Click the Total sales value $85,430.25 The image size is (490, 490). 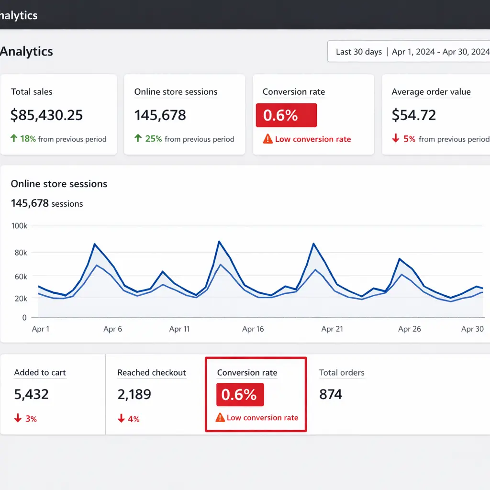[47, 115]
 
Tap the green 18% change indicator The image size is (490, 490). [23, 139]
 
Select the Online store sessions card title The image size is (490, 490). [176, 92]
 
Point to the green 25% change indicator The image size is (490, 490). [148, 139]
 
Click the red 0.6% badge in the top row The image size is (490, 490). [286, 115]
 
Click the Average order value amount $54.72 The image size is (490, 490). [414, 115]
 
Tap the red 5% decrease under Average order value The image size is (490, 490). [404, 139]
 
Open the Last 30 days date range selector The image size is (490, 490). [359, 52]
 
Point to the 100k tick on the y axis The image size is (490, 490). [19, 226]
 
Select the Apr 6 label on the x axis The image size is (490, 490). [112, 329]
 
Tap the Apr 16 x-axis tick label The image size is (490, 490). [253, 329]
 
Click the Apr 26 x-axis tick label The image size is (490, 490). [410, 329]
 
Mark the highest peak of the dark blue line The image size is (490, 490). [219, 241]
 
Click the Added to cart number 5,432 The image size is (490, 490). [32, 395]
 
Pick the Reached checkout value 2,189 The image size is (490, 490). [134, 395]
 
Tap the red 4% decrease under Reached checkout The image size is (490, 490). [129, 419]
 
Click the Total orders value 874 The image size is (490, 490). [331, 395]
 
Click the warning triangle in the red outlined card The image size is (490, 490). [220, 418]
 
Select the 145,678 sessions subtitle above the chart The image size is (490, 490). [47, 204]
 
